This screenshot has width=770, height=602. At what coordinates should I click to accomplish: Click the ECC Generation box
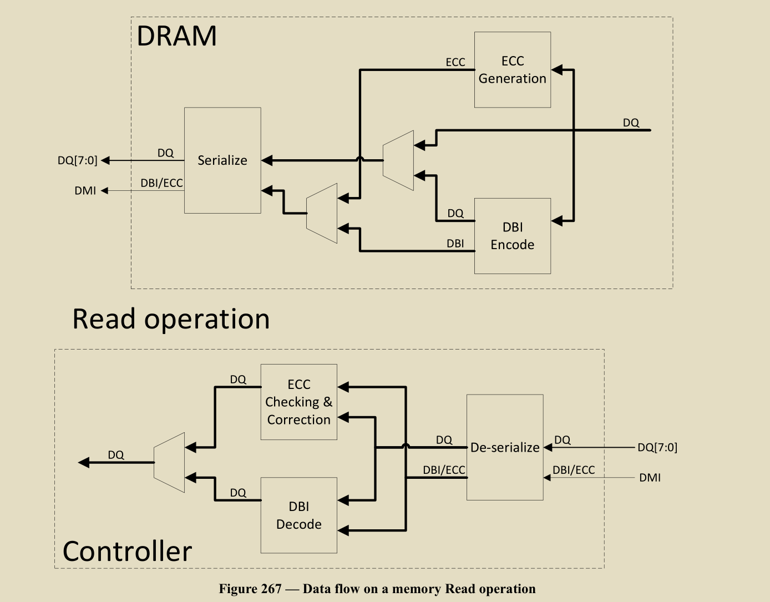click(512, 70)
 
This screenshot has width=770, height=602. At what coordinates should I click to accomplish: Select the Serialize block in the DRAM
click(222, 160)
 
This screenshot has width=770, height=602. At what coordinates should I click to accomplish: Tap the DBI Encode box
click(512, 236)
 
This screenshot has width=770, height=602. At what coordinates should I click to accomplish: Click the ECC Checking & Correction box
click(298, 402)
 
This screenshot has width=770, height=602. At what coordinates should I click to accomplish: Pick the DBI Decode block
click(298, 515)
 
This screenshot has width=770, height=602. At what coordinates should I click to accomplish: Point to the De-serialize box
click(505, 447)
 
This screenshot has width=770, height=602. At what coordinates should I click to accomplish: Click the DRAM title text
click(176, 36)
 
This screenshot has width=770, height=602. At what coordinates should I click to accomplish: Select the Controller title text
click(127, 551)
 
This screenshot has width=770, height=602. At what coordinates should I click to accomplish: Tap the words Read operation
click(171, 319)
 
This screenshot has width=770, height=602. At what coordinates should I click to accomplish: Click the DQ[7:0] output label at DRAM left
click(77, 160)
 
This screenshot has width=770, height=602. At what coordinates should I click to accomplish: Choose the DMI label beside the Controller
click(650, 478)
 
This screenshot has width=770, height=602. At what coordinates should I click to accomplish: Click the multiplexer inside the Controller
click(169, 463)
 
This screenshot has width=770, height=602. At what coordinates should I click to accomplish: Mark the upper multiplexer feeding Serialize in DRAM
click(398, 160)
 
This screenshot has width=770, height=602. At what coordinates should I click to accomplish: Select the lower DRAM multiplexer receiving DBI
click(322, 214)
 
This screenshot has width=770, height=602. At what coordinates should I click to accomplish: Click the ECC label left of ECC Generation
click(455, 62)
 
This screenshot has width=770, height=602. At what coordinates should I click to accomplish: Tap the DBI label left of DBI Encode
click(455, 244)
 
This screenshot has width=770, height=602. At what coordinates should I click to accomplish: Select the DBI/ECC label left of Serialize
click(161, 183)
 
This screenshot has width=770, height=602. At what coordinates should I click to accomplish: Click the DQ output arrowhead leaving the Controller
click(84, 463)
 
